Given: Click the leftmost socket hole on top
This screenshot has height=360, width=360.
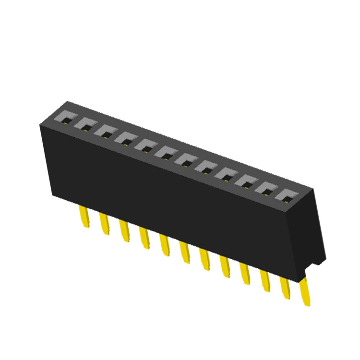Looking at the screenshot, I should pyautogui.click(x=64, y=119).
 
